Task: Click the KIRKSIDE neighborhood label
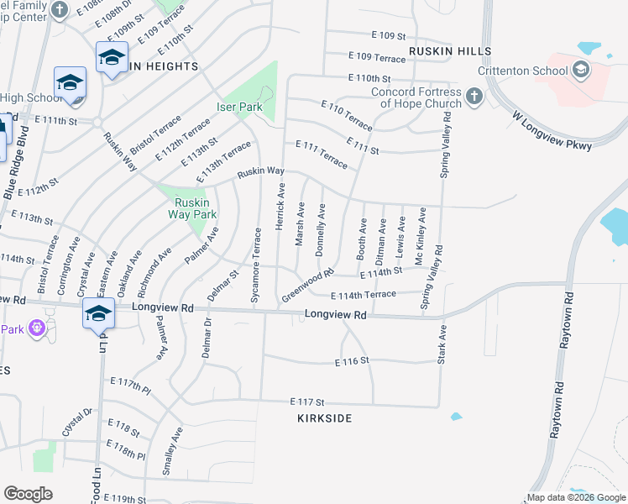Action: (x=324, y=417)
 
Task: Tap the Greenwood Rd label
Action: (x=308, y=285)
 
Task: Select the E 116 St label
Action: (x=352, y=360)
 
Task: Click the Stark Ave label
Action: (x=441, y=347)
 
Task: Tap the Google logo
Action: (x=28, y=493)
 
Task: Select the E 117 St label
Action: (x=307, y=402)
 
